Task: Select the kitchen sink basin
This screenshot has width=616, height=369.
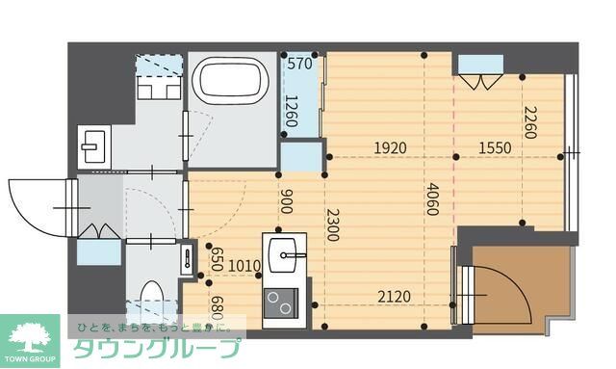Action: pyautogui.click(x=282, y=255)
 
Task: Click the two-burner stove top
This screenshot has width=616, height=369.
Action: pyautogui.click(x=281, y=303)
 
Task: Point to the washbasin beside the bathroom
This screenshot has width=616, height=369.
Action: pyautogui.click(x=94, y=146)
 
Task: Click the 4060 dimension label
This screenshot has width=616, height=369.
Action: pyautogui.click(x=432, y=198)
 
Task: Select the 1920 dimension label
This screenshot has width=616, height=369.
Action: pyautogui.click(x=390, y=148)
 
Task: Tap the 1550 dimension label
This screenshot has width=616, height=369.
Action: pyautogui.click(x=495, y=148)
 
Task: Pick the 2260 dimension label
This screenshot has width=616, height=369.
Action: pyautogui.click(x=530, y=122)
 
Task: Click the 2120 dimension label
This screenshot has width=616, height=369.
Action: pyautogui.click(x=394, y=296)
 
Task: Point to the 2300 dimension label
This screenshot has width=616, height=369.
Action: pyautogui.click(x=332, y=224)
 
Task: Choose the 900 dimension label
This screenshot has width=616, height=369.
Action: pyautogui.click(x=287, y=201)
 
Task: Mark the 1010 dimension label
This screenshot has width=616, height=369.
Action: pyautogui.click(x=244, y=266)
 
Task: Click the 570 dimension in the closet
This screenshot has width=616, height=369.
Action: pyautogui.click(x=299, y=64)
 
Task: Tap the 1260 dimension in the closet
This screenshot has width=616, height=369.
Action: pyautogui.click(x=291, y=111)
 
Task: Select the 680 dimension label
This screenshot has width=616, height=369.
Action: pyautogui.click(x=217, y=308)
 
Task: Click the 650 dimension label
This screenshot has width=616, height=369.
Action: pyautogui.click(x=217, y=259)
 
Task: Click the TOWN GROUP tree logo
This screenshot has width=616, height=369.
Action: pyautogui.click(x=30, y=341)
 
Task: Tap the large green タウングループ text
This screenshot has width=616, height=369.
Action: pyautogui.click(x=157, y=348)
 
